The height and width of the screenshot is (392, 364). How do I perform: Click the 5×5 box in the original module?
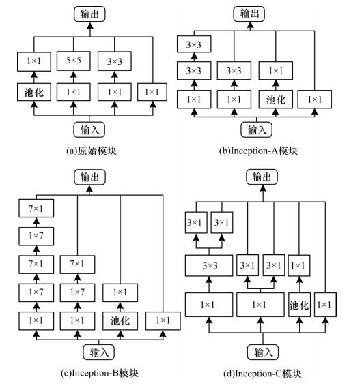73,61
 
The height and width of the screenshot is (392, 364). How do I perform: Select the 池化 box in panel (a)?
34,92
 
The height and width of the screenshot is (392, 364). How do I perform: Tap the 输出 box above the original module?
89,14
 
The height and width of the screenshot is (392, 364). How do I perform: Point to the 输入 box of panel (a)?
89,130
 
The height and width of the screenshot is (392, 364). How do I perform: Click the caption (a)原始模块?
92,151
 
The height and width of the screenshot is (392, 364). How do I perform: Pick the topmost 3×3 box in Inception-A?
194,44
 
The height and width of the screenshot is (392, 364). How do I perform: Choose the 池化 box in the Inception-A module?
276,100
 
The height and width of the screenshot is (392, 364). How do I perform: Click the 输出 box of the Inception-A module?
249,14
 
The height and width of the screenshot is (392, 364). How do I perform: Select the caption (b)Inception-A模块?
259,151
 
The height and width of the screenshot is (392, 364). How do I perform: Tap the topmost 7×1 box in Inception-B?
36,208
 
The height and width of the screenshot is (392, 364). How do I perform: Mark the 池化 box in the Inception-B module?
120,321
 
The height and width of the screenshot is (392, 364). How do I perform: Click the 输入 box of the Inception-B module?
99,352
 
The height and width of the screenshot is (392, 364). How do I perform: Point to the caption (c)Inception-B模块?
100,373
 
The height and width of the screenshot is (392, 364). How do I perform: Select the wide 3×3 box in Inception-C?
209,265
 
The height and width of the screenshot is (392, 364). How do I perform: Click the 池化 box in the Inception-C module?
299,305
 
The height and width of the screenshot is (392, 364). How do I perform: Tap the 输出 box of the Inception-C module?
262,177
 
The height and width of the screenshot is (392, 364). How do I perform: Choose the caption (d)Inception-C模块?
262,374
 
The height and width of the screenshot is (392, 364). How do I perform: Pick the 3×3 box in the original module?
115,61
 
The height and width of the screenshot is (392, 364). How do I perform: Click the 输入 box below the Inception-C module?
263,352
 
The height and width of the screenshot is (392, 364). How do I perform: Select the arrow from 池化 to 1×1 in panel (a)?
34,77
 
